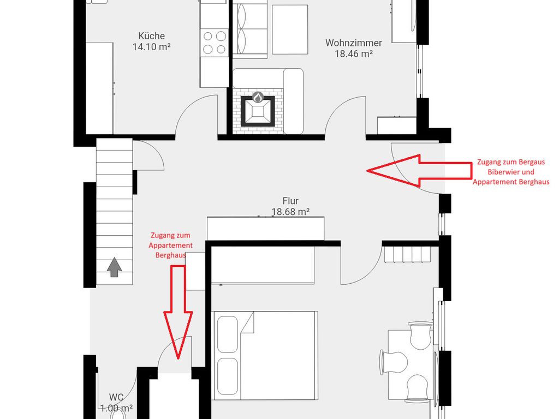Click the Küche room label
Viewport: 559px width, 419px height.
click(x=152, y=36)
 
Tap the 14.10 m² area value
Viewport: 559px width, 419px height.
click(x=152, y=47)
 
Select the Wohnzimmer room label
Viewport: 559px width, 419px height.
click(x=353, y=43)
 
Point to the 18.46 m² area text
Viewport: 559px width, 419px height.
click(x=353, y=54)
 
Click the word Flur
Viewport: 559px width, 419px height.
click(x=290, y=201)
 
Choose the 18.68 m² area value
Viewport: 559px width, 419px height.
click(x=290, y=212)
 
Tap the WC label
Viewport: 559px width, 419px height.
click(x=116, y=397)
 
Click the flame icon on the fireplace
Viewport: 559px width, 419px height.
click(x=258, y=97)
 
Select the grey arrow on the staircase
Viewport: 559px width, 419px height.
click(x=114, y=267)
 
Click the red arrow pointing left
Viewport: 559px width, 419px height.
click(x=419, y=171)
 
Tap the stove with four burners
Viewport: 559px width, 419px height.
click(x=214, y=43)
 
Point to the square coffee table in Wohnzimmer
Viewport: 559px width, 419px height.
click(x=290, y=29)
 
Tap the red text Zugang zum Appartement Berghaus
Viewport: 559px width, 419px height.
click(x=171, y=245)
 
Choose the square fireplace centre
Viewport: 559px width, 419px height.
click(x=258, y=111)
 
